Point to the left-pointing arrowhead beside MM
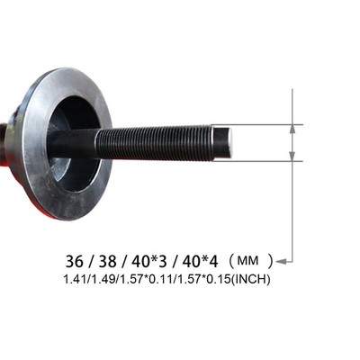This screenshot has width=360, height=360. tap(280, 262)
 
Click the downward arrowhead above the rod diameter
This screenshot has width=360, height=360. tap(292, 130)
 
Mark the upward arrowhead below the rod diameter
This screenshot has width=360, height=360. tap(292, 156)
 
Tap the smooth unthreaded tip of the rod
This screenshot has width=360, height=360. tap(220, 142)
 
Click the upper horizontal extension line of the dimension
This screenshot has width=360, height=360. tap(265, 125)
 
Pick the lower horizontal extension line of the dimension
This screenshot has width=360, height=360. tap(265, 161)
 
